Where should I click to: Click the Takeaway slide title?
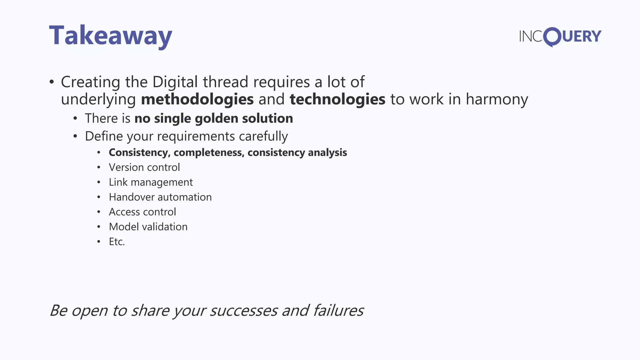111,36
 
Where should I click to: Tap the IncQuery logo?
560,37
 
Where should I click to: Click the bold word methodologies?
197,99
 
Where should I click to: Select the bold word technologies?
337,99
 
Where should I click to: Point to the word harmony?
497,99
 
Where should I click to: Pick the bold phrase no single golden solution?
214,118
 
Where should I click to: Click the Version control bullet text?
144,167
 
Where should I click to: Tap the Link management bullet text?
151,182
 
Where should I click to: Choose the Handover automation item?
160,197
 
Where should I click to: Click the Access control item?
142,212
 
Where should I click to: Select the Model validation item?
148,227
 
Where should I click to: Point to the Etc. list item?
117,242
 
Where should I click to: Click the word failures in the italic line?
338,311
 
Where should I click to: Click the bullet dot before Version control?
99,167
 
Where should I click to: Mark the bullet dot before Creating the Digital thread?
52,82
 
